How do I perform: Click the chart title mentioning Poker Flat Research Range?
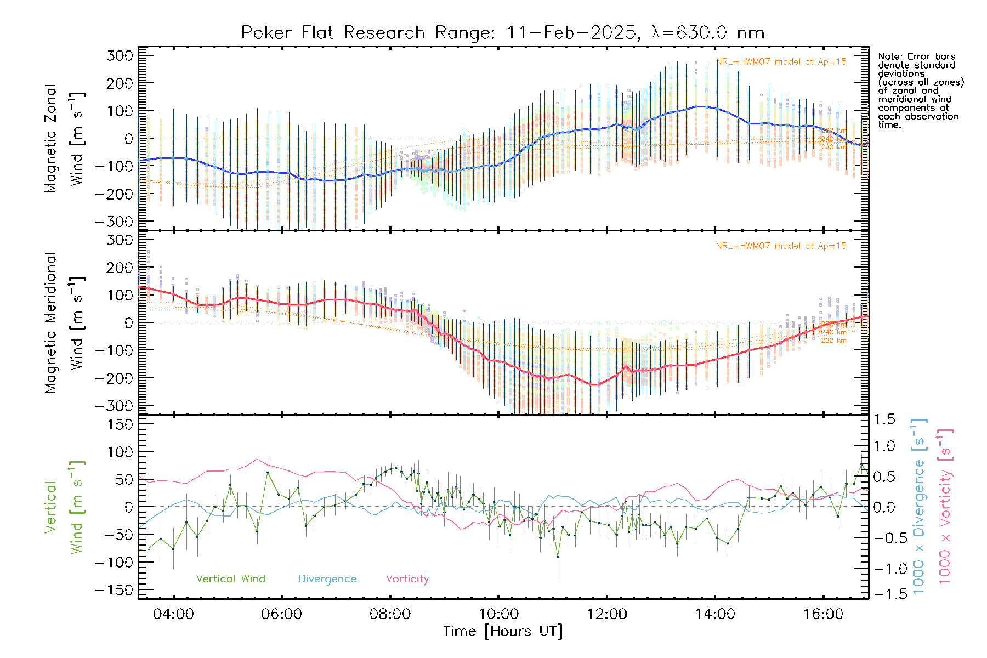tap(502, 33)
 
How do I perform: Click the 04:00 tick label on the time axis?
tap(173, 614)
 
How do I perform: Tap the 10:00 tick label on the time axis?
tap(498, 614)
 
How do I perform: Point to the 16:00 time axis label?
tap(823, 614)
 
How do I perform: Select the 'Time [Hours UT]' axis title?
tap(503, 632)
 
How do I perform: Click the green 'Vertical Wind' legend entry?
tap(230, 579)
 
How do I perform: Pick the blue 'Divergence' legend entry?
tap(327, 579)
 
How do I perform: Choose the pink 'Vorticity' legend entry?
tap(407, 579)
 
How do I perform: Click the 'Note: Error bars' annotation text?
tap(916, 56)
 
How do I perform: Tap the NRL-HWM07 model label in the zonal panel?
tap(781, 62)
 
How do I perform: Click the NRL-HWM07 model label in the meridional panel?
tap(781, 246)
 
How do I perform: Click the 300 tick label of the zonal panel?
tap(120, 55)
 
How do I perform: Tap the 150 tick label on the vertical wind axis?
tap(120, 424)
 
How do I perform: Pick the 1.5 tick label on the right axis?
tap(884, 420)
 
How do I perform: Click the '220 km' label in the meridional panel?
tap(833, 341)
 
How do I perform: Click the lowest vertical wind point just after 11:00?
tap(558, 557)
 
